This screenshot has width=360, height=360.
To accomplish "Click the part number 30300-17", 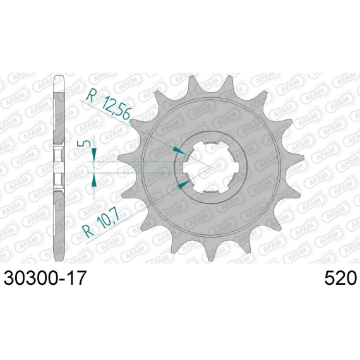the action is [45, 278].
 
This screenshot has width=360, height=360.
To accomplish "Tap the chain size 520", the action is [340, 278].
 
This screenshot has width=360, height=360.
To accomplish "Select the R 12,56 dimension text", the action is [108, 104].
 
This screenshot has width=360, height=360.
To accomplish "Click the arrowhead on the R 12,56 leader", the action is [179, 150].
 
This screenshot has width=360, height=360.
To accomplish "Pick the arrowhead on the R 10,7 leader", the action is [184, 184].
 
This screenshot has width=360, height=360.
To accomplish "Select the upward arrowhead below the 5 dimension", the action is [94, 181].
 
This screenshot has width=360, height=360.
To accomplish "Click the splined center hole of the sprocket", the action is [210, 167].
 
